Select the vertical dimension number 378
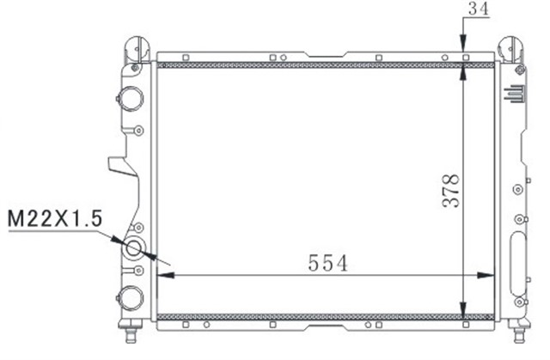pos(450,190)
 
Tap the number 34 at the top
pos(478,9)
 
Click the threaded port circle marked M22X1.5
pos(135,250)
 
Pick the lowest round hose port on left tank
pos(129,296)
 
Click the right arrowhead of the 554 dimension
pos(490,275)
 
